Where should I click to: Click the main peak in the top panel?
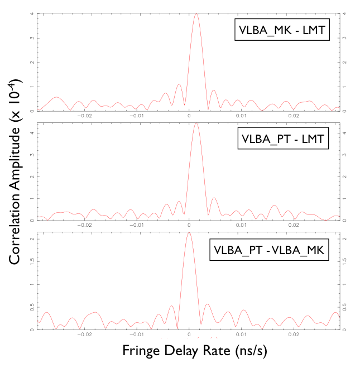tap(196, 15)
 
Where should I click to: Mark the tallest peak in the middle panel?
tap(196, 123)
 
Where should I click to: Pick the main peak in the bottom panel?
tap(189, 233)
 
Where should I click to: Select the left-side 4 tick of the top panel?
tap(31, 13)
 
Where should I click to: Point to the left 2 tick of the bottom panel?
tap(31, 239)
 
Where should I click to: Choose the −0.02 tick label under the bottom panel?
tap(84, 336)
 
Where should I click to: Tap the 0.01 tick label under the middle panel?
tap(242, 226)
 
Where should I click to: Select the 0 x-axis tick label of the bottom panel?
tap(189, 336)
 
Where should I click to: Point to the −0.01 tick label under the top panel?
tap(137, 116)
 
